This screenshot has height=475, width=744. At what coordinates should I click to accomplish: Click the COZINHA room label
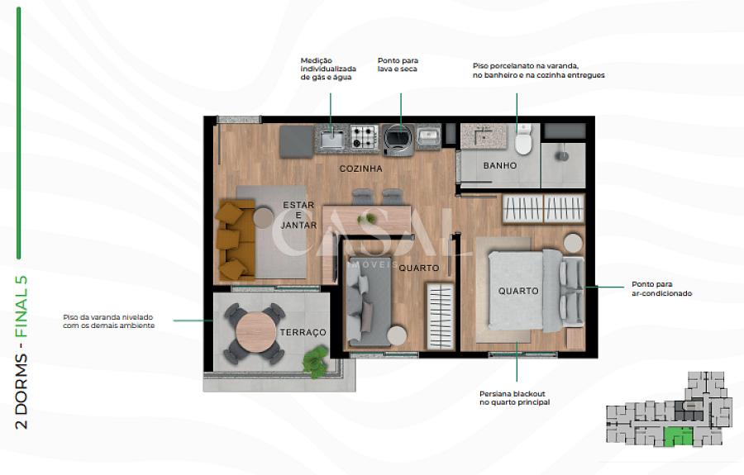(x=360, y=169)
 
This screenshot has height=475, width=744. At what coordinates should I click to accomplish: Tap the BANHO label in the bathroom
(x=499, y=165)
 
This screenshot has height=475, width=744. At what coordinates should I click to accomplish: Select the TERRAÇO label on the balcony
(x=303, y=332)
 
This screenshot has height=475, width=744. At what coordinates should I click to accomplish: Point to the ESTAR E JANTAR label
(x=298, y=216)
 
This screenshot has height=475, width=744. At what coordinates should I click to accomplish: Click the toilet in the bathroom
(x=524, y=139)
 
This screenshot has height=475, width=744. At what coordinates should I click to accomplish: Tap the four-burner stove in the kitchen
(x=365, y=136)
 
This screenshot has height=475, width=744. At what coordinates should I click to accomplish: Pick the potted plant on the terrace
(x=316, y=361)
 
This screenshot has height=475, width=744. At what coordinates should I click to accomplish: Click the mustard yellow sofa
(x=236, y=240)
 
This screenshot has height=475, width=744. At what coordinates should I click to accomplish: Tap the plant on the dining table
(x=367, y=219)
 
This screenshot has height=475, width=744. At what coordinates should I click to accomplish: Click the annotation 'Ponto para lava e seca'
(x=398, y=64)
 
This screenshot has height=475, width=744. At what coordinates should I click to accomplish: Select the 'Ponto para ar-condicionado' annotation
(x=661, y=288)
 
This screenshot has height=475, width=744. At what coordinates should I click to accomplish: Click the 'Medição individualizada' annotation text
(x=328, y=69)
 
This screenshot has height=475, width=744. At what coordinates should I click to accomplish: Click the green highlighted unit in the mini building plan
(x=678, y=437)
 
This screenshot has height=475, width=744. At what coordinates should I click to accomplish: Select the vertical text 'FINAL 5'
(x=21, y=306)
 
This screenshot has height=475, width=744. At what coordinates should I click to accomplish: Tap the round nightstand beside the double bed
(x=573, y=243)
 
